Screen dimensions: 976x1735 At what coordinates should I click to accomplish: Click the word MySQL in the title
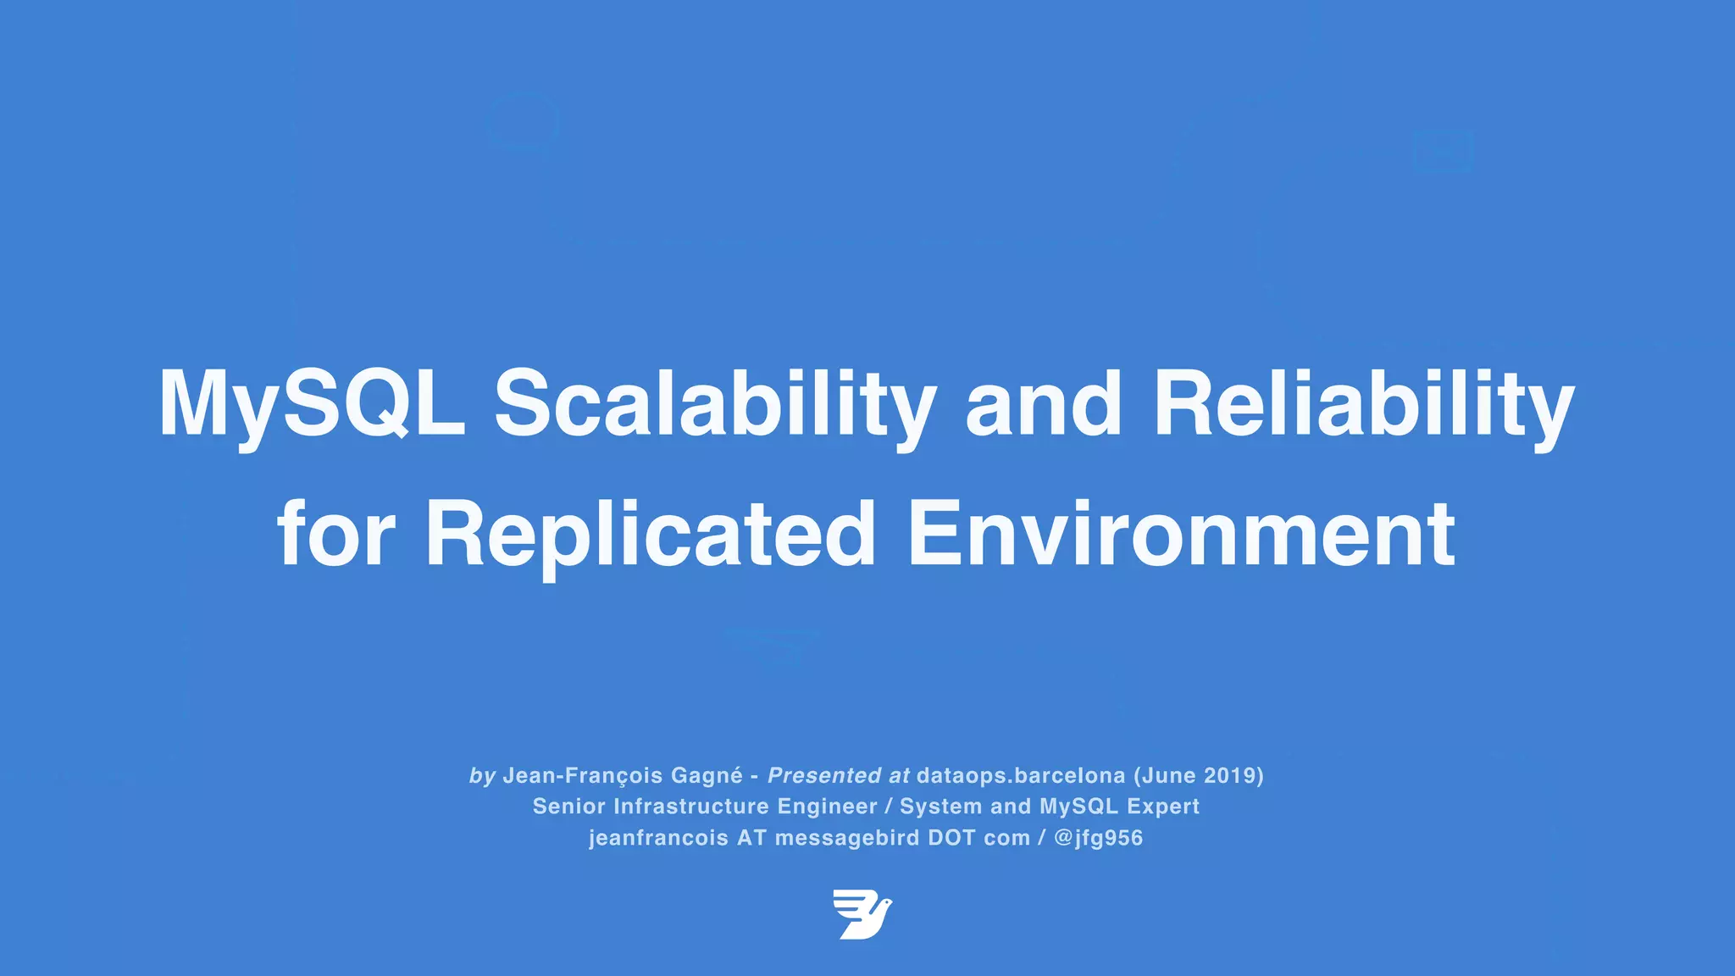(312, 404)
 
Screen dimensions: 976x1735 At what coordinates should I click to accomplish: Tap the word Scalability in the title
(714, 404)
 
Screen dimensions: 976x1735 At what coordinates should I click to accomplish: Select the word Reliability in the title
(1363, 404)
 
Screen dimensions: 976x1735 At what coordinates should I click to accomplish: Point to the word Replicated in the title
(650, 535)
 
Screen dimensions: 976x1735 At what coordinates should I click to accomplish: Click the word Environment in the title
(1181, 535)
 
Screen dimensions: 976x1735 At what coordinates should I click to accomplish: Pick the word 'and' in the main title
(1044, 404)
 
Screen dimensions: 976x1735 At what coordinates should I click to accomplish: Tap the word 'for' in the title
(336, 535)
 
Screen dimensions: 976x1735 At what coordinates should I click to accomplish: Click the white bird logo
(862, 914)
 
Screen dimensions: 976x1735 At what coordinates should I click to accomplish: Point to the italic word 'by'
(482, 775)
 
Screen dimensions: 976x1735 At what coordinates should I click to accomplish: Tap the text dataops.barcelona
(1021, 775)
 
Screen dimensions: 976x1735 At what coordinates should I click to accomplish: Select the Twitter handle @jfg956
(1099, 838)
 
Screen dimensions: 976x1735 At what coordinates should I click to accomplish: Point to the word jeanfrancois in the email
(658, 838)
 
